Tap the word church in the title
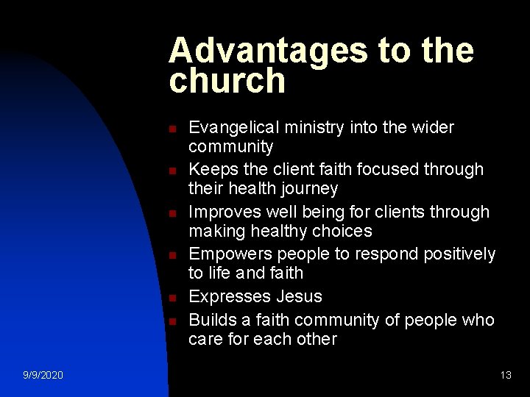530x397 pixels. pos(227,81)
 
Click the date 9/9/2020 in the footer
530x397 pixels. pos(43,375)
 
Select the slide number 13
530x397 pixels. pos(506,375)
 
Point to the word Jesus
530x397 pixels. pos(299,296)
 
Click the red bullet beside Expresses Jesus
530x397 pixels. pos(172,298)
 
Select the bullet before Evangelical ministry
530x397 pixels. pos(172,129)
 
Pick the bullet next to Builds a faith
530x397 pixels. pos(172,321)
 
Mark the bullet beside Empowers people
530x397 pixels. pos(172,256)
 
